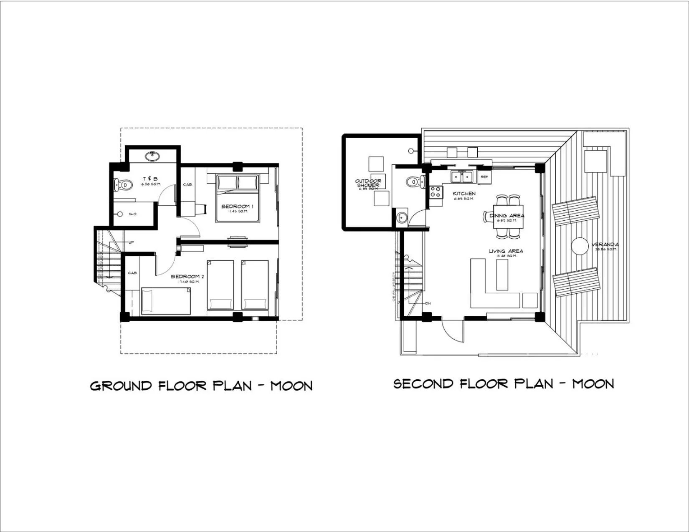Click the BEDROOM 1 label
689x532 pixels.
point(237,207)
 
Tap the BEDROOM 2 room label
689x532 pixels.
point(187,277)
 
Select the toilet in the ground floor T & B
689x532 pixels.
point(123,184)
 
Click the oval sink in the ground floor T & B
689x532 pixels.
point(152,156)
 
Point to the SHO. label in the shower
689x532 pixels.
point(132,214)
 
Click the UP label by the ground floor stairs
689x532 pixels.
point(131,242)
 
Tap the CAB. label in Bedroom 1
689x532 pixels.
point(187,184)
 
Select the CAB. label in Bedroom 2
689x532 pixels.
point(132,273)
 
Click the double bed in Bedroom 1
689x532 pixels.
point(237,198)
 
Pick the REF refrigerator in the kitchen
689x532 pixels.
point(484,177)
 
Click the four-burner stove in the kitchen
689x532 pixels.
point(436,192)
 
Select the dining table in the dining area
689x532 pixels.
point(508,217)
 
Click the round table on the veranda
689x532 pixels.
point(580,246)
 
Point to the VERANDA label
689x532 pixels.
point(605,245)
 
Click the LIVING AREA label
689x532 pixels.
point(506,251)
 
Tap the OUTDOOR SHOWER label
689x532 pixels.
point(368,183)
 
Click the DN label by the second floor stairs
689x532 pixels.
point(428,303)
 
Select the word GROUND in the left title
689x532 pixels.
point(121,386)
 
